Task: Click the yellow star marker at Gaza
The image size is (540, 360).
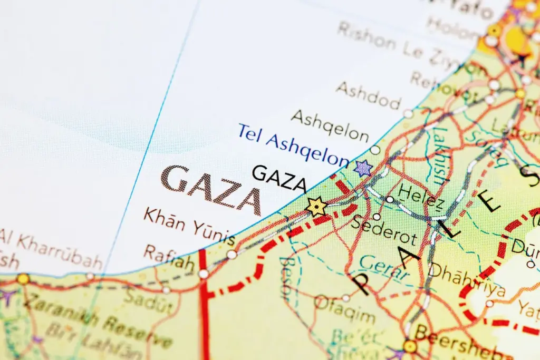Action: [316, 206]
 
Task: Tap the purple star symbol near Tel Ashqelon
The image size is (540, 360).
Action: [363, 168]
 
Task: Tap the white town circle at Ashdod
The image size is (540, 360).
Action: [408, 113]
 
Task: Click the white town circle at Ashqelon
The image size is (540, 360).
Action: [375, 150]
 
